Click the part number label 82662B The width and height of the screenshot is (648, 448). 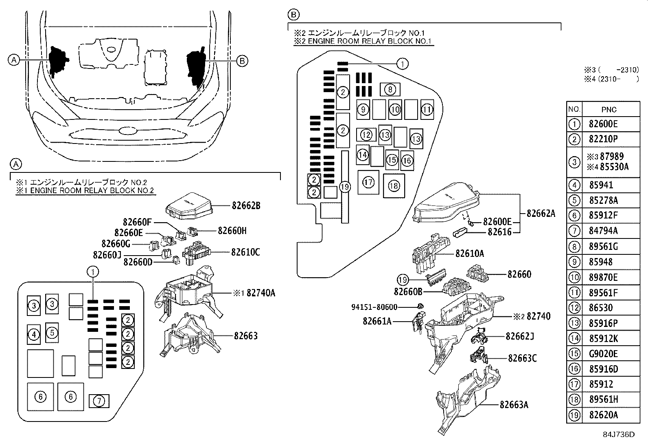coord(246,205)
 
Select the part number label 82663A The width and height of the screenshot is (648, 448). coord(514,405)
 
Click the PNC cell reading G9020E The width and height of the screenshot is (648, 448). coord(603,354)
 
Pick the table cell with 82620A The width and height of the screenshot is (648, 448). coord(603,415)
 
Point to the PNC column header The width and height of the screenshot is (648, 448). coord(609,109)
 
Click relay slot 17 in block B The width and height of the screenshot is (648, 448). coord(368,182)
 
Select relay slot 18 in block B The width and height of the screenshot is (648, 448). coord(394,186)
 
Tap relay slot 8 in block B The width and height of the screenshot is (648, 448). coord(390,90)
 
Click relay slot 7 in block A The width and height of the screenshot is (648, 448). coord(99,401)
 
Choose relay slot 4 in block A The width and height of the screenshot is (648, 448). coord(34,335)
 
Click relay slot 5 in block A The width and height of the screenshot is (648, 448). coord(52,333)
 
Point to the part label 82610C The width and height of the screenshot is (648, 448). coord(245,252)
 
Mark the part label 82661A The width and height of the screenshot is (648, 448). coord(377,321)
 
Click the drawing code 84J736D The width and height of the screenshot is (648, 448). coord(619,435)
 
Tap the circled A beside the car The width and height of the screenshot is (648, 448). coord(14,60)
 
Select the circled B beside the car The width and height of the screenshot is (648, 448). coord(242,61)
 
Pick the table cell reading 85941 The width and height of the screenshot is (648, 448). coord(601,185)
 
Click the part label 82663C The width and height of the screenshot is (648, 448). coord(522,358)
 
